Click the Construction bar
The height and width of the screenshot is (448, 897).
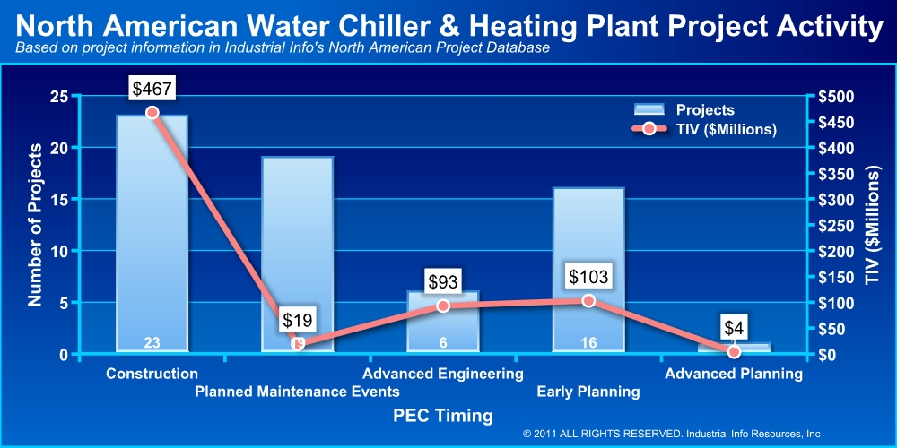[152, 233]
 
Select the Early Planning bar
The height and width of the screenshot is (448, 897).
[588, 269]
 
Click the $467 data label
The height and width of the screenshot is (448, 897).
[152, 88]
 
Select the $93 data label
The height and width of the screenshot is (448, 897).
[443, 281]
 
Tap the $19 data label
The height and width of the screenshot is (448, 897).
[298, 319]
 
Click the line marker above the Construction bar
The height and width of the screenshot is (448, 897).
[152, 113]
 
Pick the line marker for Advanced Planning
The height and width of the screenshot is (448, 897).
[734, 352]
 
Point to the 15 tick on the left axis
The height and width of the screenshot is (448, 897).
[62, 199]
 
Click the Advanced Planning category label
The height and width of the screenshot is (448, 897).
[734, 374]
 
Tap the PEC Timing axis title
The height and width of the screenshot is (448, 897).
[443, 416]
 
